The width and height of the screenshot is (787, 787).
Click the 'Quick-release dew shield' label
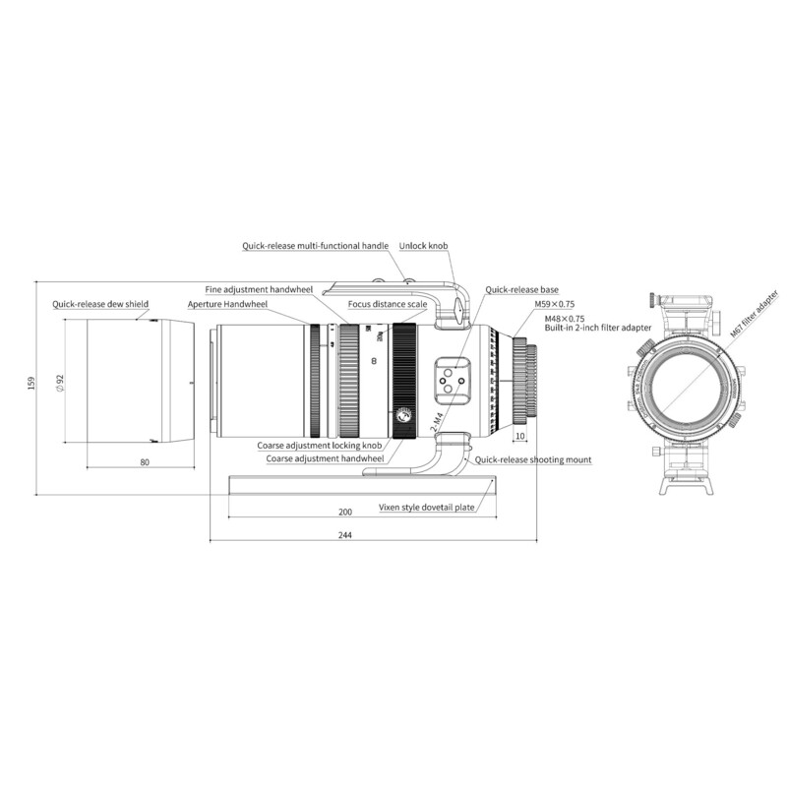pyautogui.click(x=100, y=304)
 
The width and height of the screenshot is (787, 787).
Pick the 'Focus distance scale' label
pyautogui.click(x=387, y=305)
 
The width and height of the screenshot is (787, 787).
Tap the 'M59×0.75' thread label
pyautogui.click(x=554, y=306)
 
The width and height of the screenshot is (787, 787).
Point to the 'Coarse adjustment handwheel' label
pyautogui.click(x=324, y=458)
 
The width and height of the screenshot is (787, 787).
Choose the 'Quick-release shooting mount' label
pyautogui.click(x=533, y=459)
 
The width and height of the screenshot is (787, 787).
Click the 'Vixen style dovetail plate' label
pyautogui.click(x=427, y=509)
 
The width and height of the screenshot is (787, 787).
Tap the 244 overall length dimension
pyautogui.click(x=344, y=535)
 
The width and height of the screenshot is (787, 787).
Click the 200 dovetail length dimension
pyautogui.click(x=344, y=512)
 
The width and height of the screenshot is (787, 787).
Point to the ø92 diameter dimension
pyautogui.click(x=60, y=382)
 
